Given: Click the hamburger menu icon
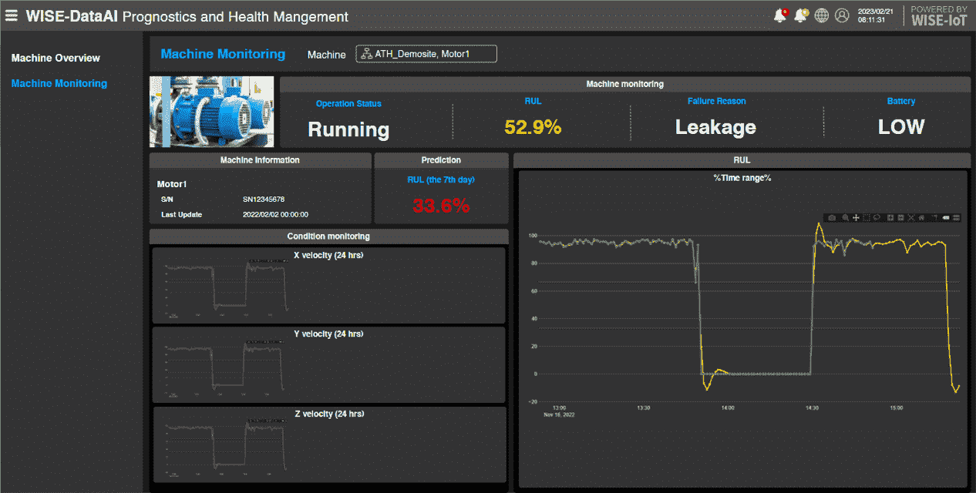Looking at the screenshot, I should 12,15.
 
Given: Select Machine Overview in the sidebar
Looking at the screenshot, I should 56,58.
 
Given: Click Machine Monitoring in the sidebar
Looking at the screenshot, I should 59,83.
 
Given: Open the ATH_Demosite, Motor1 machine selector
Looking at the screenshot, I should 426,54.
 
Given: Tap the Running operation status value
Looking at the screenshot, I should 348,129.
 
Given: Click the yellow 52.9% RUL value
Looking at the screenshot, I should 533,127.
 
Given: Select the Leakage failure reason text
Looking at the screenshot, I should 715,127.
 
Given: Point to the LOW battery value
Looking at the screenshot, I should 901,127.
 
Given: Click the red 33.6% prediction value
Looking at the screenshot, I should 441,206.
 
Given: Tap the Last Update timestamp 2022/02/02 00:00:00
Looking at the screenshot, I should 275,214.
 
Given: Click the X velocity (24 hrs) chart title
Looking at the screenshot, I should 328,255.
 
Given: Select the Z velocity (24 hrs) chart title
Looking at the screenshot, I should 328,414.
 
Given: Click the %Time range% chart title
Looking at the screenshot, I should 742,178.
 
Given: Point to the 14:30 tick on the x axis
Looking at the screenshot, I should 812,407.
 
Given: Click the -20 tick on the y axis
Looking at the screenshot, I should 532,401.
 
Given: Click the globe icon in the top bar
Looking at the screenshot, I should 822,15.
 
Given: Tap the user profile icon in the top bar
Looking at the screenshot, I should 842,15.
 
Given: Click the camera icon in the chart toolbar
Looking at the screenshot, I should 832,218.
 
